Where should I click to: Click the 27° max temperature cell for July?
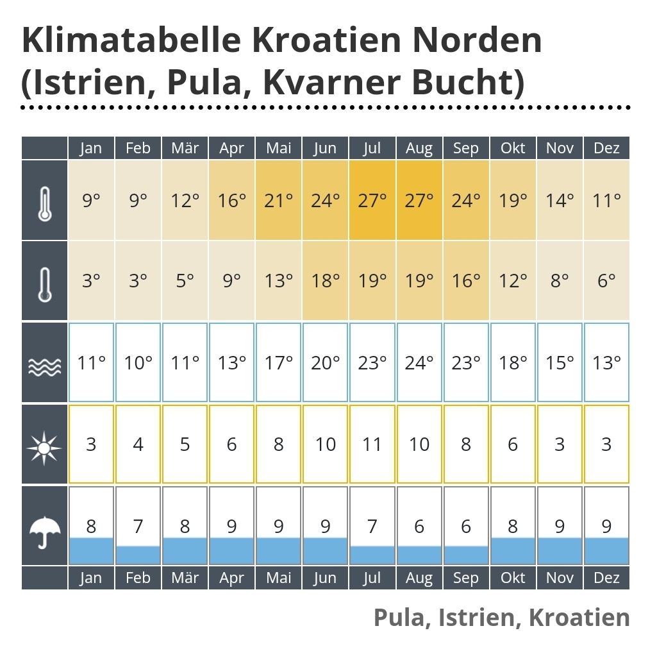tap(372, 201)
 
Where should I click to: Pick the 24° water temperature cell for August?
tap(419, 363)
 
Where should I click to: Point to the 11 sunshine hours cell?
tap(372, 444)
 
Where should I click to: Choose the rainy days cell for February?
tap(138, 526)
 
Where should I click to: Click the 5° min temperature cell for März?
tap(185, 281)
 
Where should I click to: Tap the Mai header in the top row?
tap(278, 148)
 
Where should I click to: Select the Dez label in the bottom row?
tap(606, 578)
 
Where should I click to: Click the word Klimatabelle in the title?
tap(131, 40)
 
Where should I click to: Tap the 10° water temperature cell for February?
tap(138, 363)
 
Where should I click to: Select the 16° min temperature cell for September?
tap(466, 281)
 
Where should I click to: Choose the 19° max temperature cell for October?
tap(513, 201)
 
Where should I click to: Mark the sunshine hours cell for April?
tap(231, 444)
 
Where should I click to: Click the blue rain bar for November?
tap(560, 551)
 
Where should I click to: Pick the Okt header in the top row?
tap(513, 148)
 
